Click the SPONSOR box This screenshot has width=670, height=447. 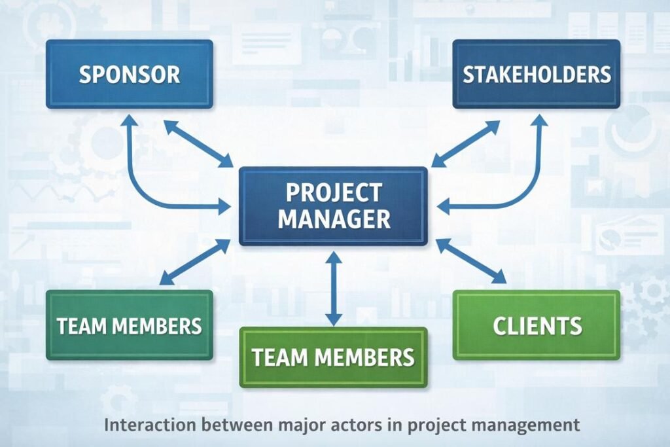[129, 74]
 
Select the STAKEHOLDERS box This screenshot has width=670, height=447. [537, 74]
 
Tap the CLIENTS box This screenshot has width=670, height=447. [537, 325]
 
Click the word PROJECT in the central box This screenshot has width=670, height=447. [333, 193]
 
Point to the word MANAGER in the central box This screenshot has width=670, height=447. [333, 219]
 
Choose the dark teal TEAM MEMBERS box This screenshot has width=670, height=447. [129, 325]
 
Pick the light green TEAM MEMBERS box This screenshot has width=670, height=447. [333, 357]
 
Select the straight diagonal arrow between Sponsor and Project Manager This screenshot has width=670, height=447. [198, 143]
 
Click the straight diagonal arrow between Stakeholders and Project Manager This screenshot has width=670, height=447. [465, 143]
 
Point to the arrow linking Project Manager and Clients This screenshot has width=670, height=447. [471, 261]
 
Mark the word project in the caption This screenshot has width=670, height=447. [432, 425]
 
